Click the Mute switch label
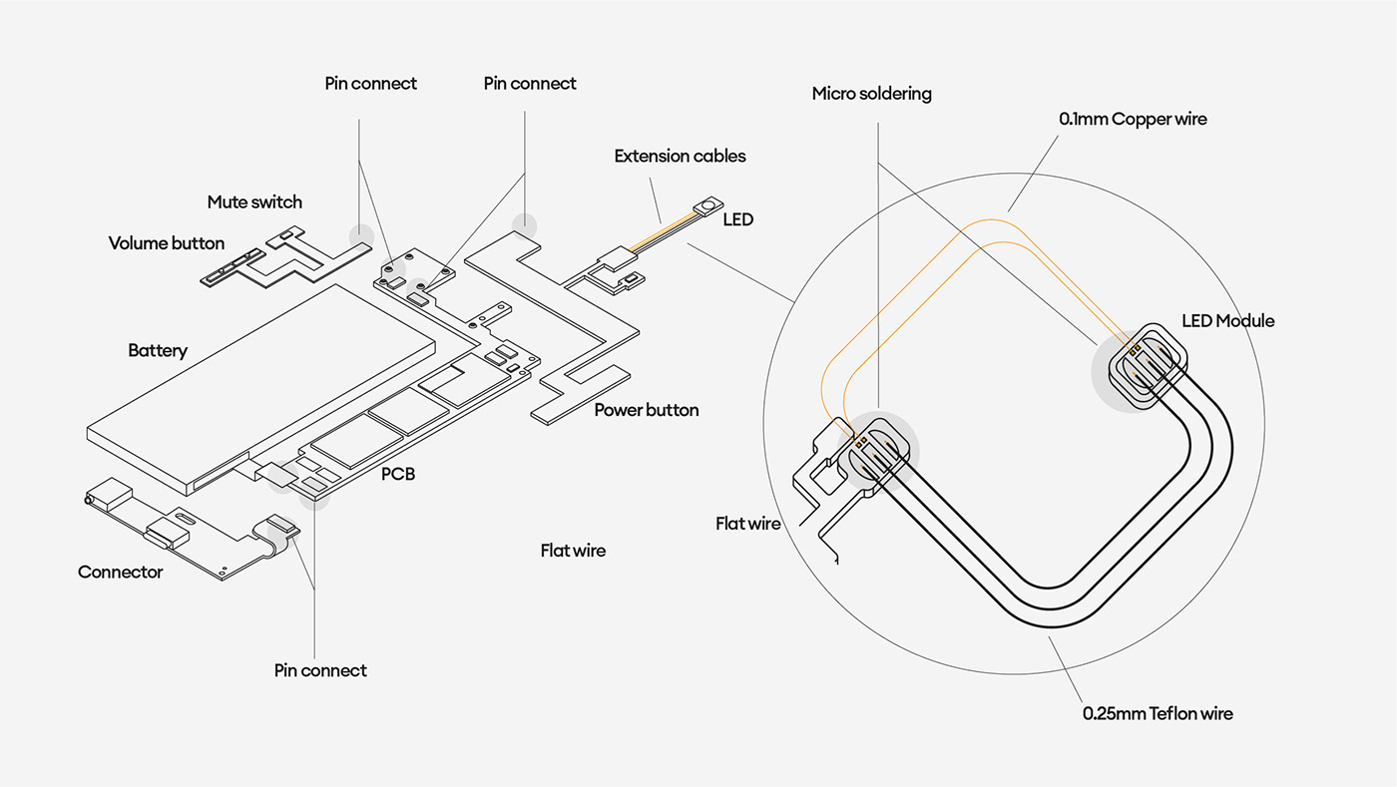(x=254, y=202)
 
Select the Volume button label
(x=167, y=243)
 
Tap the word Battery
(x=158, y=351)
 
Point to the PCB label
(x=398, y=475)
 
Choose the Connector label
(x=120, y=573)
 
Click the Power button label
(x=647, y=410)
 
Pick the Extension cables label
(x=680, y=157)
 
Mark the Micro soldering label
(x=871, y=94)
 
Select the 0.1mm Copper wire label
(x=1133, y=120)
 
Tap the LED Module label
(x=1227, y=321)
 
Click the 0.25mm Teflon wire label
(x=1158, y=714)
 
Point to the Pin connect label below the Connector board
(x=320, y=671)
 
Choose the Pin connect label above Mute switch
(x=371, y=84)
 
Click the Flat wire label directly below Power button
(x=573, y=551)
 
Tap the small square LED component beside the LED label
(x=709, y=206)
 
